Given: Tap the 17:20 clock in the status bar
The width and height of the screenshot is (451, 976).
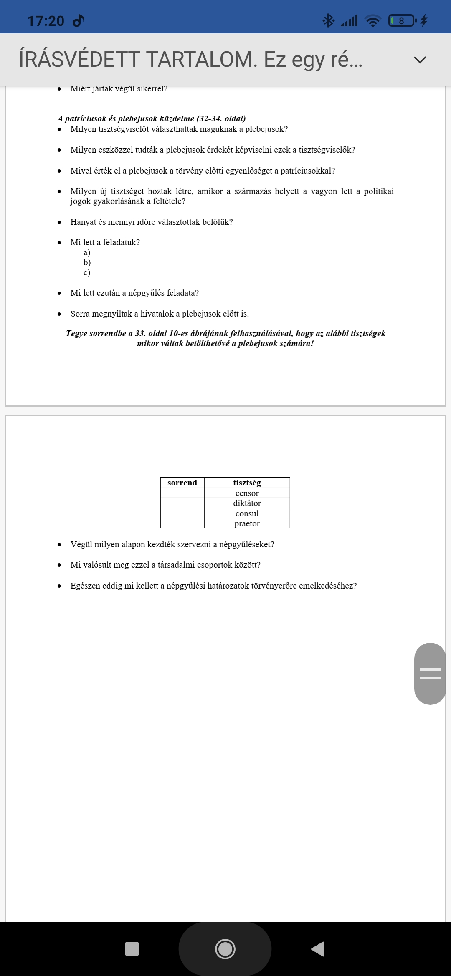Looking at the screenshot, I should (46, 20).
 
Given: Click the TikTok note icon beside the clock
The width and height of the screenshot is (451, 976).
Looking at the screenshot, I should (79, 20).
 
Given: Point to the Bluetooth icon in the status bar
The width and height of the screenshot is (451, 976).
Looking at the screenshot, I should (328, 20).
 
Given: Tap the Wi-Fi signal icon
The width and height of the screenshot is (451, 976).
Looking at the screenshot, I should (372, 20).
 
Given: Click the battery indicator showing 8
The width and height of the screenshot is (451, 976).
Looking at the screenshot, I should (402, 20).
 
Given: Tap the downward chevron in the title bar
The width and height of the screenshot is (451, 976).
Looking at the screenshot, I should (420, 60).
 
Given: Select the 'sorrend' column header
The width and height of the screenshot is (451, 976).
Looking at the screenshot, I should (182, 483).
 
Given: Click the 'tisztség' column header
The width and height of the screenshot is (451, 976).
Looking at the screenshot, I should (247, 483).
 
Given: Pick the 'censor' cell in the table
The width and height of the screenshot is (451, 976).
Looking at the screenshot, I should (247, 493).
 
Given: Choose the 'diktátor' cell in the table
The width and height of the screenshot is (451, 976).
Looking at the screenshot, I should (247, 503).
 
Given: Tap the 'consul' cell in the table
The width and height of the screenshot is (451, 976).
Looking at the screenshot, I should (247, 513).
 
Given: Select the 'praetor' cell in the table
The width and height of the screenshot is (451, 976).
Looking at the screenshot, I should (247, 523).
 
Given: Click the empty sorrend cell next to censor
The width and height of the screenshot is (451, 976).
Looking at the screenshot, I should (182, 493).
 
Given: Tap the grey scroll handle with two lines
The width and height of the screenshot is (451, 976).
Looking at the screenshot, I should (430, 673).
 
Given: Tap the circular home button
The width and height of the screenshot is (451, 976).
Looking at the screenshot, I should (225, 949).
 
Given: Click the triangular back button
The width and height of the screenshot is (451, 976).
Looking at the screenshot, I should (318, 949).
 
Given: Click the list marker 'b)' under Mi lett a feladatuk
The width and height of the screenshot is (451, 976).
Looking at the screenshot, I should (87, 262).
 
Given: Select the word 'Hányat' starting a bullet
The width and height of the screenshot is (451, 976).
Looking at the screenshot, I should (83, 222).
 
